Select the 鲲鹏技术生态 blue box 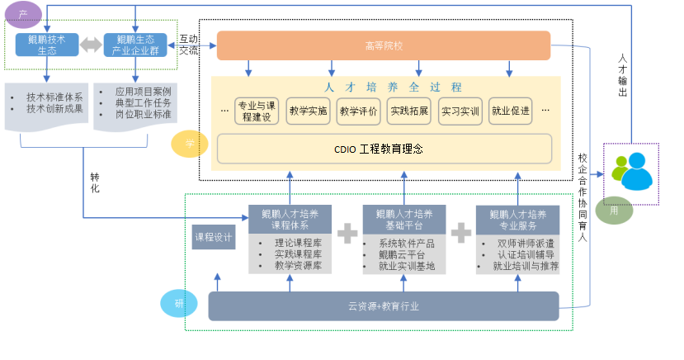(46, 45)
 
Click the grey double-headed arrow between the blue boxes (91, 45)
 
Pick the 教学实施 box (308, 110)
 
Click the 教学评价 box (358, 110)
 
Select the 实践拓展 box (409, 110)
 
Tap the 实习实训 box (460, 110)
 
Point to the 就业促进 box (510, 110)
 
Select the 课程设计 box (214, 238)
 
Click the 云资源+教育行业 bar (383, 306)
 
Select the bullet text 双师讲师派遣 (526, 244)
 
